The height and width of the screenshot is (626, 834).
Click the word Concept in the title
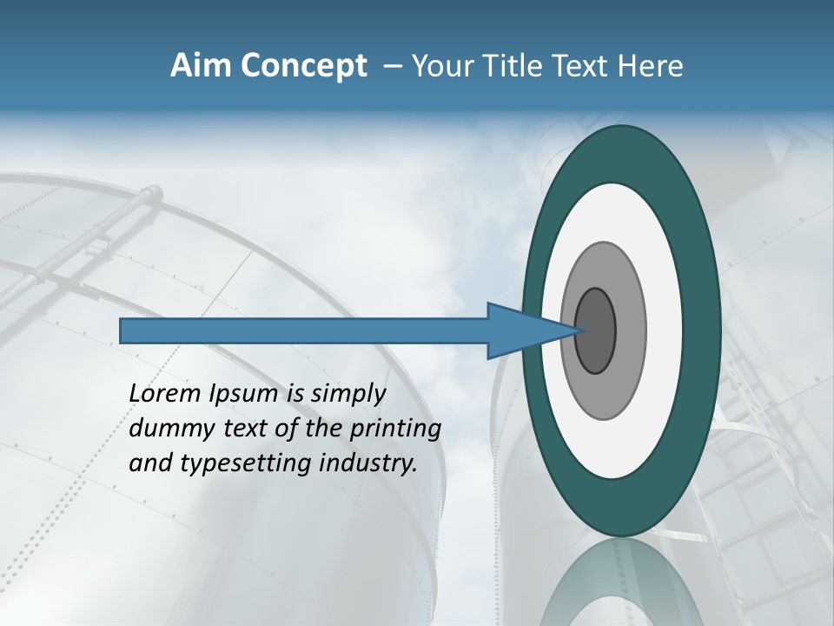tap(303, 66)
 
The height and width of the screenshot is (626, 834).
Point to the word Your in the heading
tap(441, 66)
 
